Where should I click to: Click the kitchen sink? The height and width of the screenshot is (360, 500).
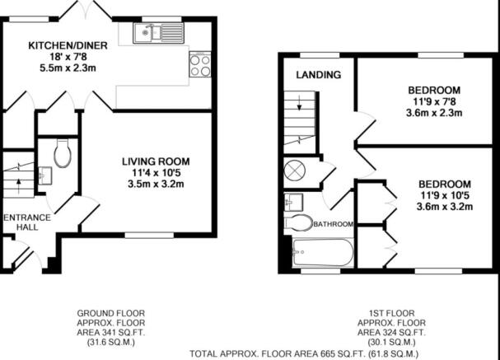pyautogui.click(x=159, y=33)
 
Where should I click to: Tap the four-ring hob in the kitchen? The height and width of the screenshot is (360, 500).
pyautogui.click(x=200, y=64)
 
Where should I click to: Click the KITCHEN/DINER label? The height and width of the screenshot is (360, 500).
pyautogui.click(x=68, y=45)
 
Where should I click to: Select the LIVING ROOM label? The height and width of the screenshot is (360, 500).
pyautogui.click(x=156, y=161)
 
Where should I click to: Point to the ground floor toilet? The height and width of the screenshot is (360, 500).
pyautogui.click(x=63, y=152)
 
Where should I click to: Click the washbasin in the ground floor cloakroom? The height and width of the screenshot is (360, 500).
pyautogui.click(x=45, y=175)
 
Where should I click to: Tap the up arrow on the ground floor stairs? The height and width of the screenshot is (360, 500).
pyautogui.click(x=18, y=186)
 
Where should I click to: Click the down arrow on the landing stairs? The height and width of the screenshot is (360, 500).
pyautogui.click(x=299, y=103)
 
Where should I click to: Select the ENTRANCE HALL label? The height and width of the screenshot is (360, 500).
pyautogui.click(x=27, y=222)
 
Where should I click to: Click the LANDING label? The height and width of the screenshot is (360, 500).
pyautogui.click(x=319, y=75)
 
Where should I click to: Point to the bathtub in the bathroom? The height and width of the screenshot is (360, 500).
pyautogui.click(x=323, y=253)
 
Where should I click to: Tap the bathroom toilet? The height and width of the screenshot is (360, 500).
pyautogui.click(x=298, y=222)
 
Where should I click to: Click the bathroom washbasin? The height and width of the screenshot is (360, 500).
pyautogui.click(x=293, y=202)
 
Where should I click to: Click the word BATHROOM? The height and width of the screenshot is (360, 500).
pyautogui.click(x=334, y=224)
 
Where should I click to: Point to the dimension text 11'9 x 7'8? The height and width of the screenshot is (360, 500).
pyautogui.click(x=434, y=101)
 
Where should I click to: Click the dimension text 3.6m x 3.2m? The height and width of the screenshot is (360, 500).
pyautogui.click(x=445, y=207)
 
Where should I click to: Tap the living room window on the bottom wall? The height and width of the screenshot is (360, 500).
pyautogui.click(x=149, y=236)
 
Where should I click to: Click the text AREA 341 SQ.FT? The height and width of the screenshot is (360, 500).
pyautogui.click(x=111, y=333)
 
